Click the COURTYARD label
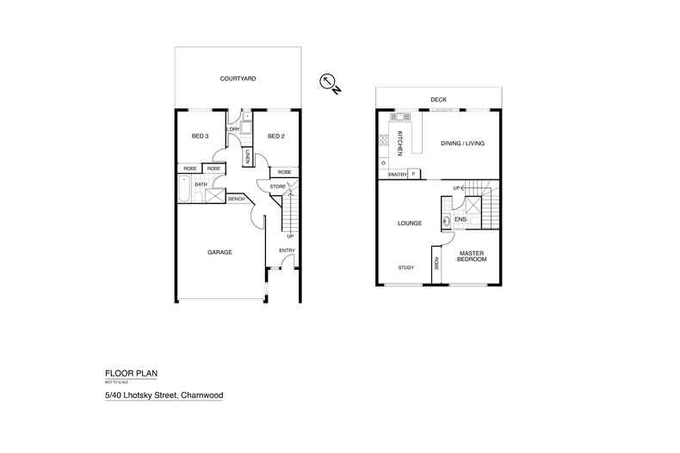pyautogui.click(x=238, y=78)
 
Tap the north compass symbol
pyautogui.click(x=329, y=83)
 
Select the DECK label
pyautogui.click(x=438, y=100)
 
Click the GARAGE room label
pyautogui.click(x=219, y=252)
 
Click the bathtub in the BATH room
pyautogui.click(x=185, y=191)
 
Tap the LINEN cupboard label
pyautogui.click(x=247, y=156)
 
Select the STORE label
pyautogui.click(x=277, y=186)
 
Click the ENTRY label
pyautogui.click(x=287, y=250)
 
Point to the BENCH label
pyautogui.click(x=236, y=199)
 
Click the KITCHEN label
pyautogui.click(x=400, y=143)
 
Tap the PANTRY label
pyautogui.click(x=397, y=174)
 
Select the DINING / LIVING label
pyautogui.click(x=458, y=144)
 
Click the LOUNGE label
pyautogui.click(x=409, y=223)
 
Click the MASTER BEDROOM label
pyautogui.click(x=471, y=256)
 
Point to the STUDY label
pyautogui.click(x=406, y=267)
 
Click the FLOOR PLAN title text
pyautogui.click(x=130, y=372)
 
